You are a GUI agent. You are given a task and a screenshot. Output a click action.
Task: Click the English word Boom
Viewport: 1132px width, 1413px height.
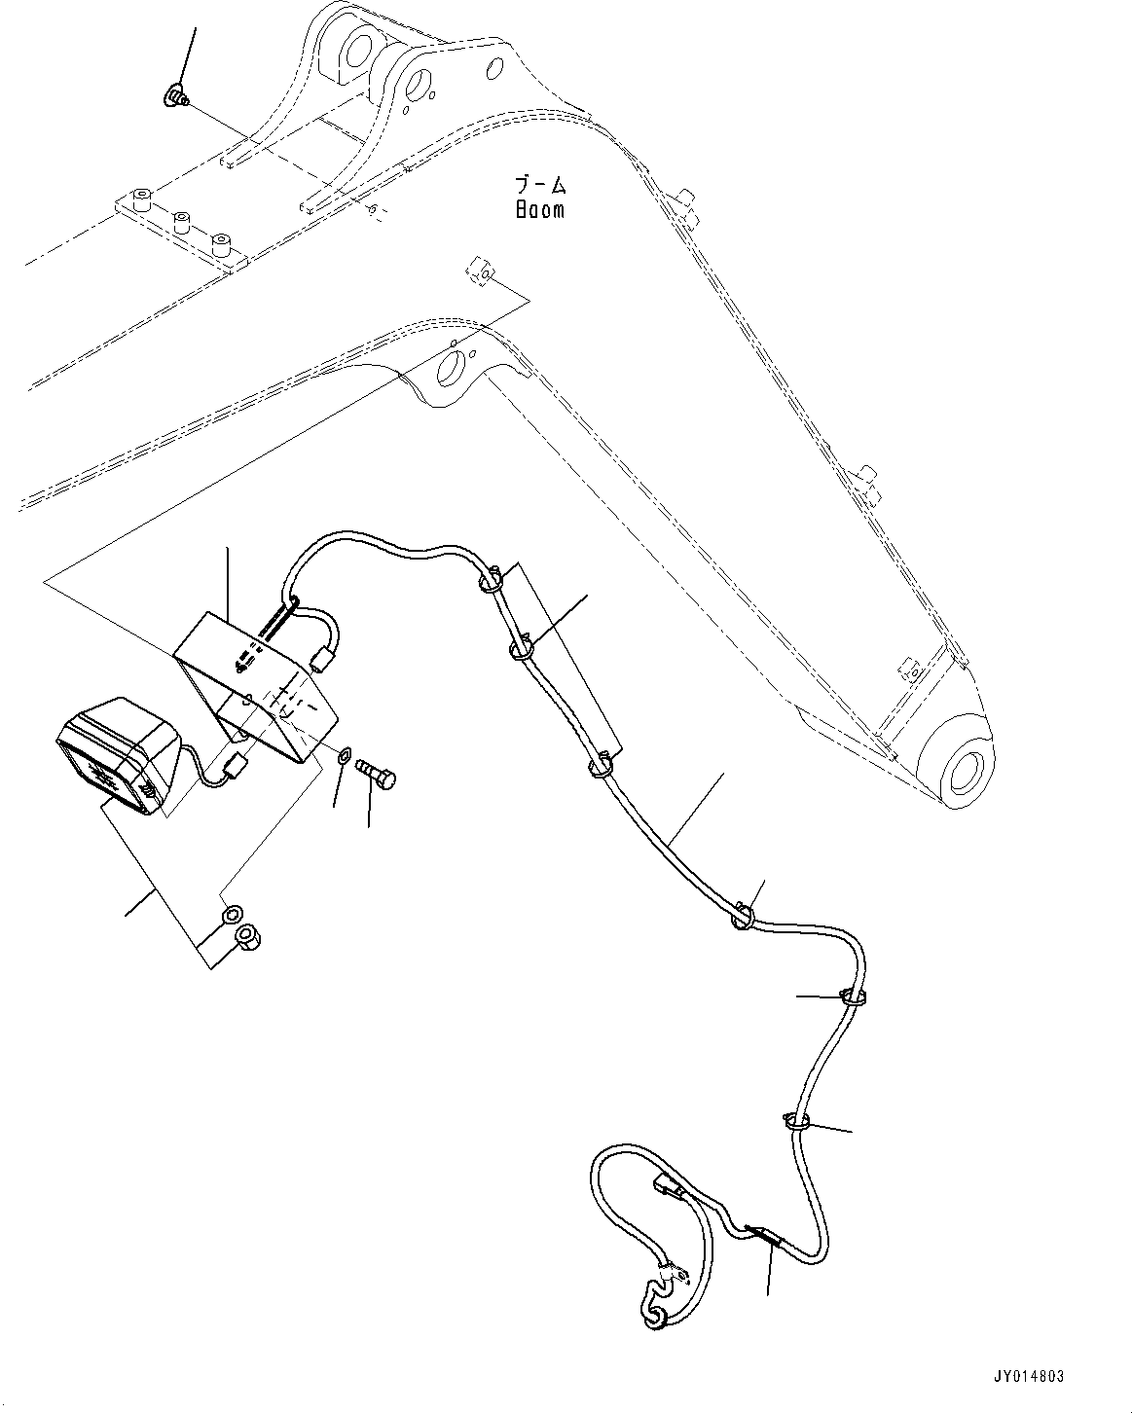[x=540, y=208]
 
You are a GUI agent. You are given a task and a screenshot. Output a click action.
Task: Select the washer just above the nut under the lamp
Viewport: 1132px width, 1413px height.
[x=232, y=915]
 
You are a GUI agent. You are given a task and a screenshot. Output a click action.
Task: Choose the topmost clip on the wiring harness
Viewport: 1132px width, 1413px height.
[x=490, y=582]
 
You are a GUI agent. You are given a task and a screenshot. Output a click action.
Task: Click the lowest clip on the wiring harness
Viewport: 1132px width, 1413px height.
[x=796, y=1122]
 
